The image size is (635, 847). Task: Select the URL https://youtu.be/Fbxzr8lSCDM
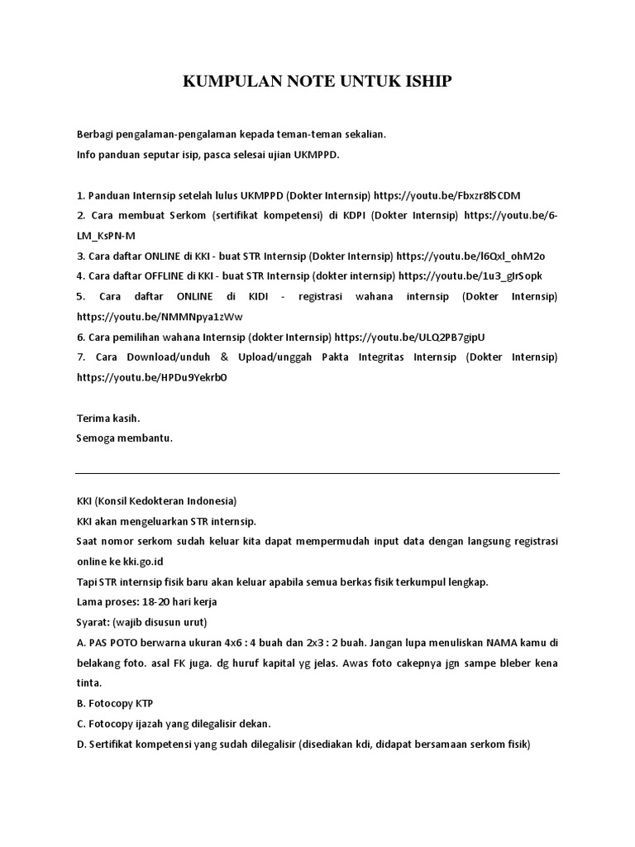pos(446,195)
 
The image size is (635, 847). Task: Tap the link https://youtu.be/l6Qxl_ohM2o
pos(471,256)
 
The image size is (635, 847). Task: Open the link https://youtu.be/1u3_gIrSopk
pos(470,275)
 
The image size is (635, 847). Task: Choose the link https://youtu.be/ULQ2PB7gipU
pos(409,337)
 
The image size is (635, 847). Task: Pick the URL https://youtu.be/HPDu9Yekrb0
pos(152,376)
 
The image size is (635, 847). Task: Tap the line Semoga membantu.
pos(124,438)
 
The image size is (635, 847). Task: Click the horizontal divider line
pos(317,473)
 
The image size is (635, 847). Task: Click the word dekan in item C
pos(253,723)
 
